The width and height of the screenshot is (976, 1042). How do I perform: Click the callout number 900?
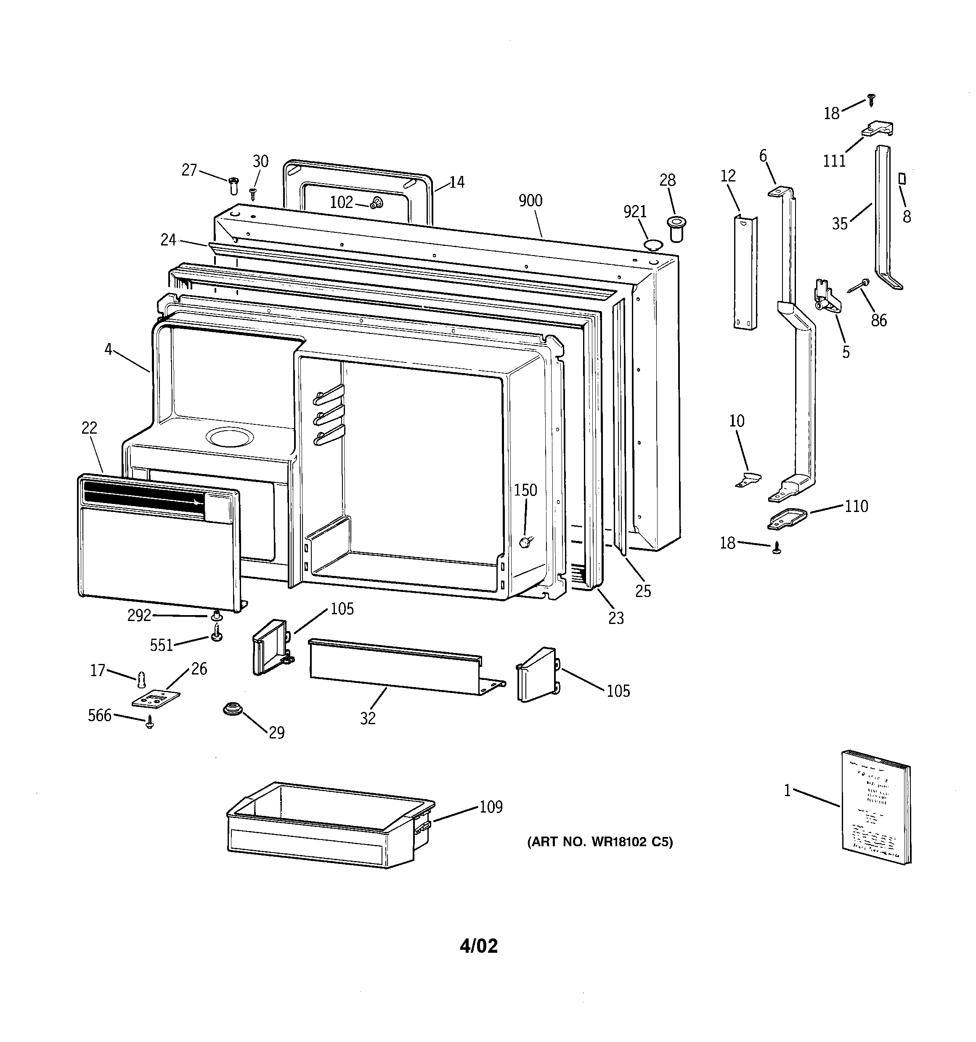[530, 200]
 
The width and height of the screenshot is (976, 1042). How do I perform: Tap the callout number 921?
[635, 212]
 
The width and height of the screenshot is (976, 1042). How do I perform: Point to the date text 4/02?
[479, 946]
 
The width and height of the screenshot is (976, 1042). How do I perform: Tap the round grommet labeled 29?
[231, 709]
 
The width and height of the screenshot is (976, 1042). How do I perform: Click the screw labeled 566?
[150, 723]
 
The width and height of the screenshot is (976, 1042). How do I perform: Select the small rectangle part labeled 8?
[902, 179]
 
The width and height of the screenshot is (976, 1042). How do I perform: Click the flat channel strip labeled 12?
[745, 272]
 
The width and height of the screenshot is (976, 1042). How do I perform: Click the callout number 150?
[525, 490]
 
